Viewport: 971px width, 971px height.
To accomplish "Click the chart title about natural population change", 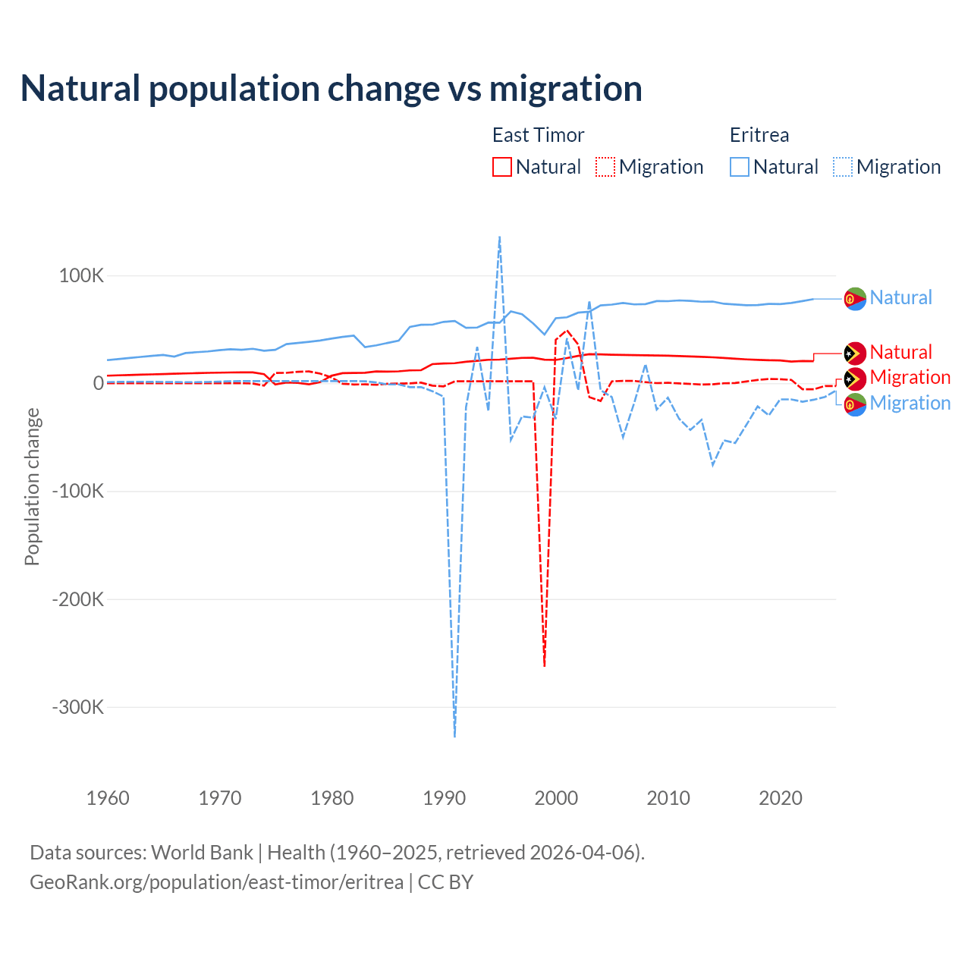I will pyautogui.click(x=332, y=89).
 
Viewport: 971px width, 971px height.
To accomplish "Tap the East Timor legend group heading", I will pyautogui.click(x=538, y=135).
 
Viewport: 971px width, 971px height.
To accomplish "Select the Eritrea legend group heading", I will pyautogui.click(x=759, y=135).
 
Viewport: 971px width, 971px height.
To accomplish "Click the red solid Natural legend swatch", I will pyautogui.click(x=502, y=167).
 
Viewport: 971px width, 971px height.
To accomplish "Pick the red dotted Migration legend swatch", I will pyautogui.click(x=605, y=167).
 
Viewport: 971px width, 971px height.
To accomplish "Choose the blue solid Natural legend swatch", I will pyautogui.click(x=740, y=167).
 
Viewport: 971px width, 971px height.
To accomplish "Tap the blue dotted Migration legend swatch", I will pyautogui.click(x=843, y=167).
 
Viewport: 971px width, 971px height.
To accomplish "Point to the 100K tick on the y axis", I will pyautogui.click(x=81, y=275).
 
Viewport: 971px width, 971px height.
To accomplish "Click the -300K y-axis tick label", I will pyautogui.click(x=78, y=707).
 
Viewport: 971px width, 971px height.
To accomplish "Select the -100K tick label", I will pyautogui.click(x=78, y=491).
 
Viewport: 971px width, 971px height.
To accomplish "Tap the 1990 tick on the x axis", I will pyautogui.click(x=445, y=798).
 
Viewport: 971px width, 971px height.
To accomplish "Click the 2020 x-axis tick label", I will pyautogui.click(x=781, y=798).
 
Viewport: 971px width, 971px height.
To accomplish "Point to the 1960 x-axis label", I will pyautogui.click(x=108, y=798).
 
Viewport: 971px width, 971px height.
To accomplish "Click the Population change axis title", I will pyautogui.click(x=32, y=486).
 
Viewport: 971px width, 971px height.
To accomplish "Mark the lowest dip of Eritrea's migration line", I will pyautogui.click(x=454, y=736).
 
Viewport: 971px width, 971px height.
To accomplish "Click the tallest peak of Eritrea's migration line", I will pyautogui.click(x=499, y=237).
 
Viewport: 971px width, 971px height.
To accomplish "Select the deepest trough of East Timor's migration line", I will pyautogui.click(x=545, y=665).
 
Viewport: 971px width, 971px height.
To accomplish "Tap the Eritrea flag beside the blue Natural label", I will pyautogui.click(x=855, y=298).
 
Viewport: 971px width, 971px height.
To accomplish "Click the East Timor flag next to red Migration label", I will pyautogui.click(x=855, y=378).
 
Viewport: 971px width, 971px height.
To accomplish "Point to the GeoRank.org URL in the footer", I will pyautogui.click(x=216, y=882).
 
